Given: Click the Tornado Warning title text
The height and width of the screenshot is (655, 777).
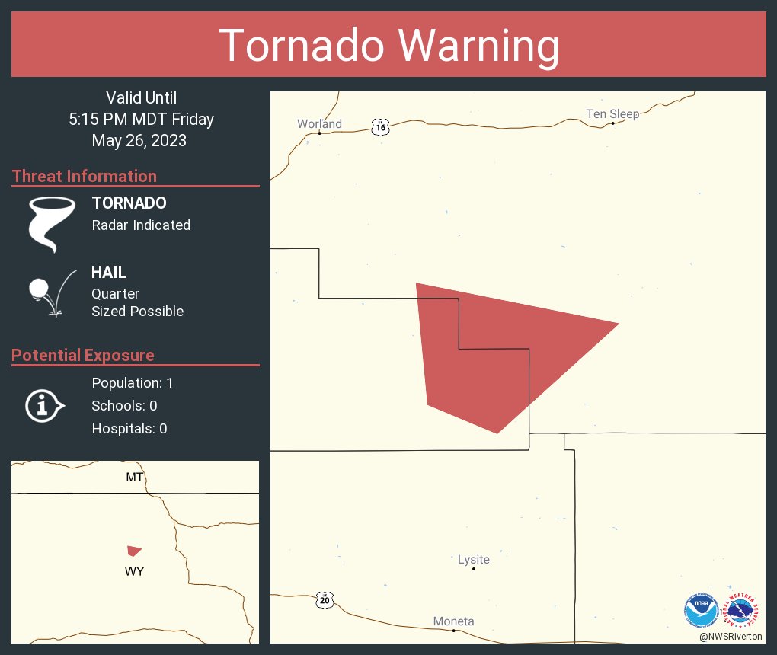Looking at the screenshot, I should point(388,46).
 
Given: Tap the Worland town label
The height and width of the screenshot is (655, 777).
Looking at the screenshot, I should point(319,124).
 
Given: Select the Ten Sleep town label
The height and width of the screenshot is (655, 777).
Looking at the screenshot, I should point(612,114).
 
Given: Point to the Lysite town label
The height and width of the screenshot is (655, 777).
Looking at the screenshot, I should point(473,560).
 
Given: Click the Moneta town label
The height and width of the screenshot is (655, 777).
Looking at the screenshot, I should point(453,621).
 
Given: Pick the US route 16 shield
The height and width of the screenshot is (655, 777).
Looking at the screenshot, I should point(381,127).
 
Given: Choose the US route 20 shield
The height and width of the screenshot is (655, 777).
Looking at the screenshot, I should point(325,600).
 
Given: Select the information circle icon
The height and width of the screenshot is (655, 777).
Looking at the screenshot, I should point(44,405).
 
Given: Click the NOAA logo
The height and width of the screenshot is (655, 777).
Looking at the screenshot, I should point(701,610).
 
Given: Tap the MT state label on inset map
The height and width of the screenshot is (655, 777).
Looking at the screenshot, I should point(134,478).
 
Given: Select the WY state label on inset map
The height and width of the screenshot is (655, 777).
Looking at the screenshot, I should point(134,571).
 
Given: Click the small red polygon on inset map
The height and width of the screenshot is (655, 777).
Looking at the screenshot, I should point(134,550).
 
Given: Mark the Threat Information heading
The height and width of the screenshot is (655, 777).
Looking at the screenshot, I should point(85,176).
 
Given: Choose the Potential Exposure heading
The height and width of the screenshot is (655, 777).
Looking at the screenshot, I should point(83,355).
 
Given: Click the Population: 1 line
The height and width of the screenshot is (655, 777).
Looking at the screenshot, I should point(133,383).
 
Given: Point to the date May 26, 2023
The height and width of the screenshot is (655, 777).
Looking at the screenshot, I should point(139,141).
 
